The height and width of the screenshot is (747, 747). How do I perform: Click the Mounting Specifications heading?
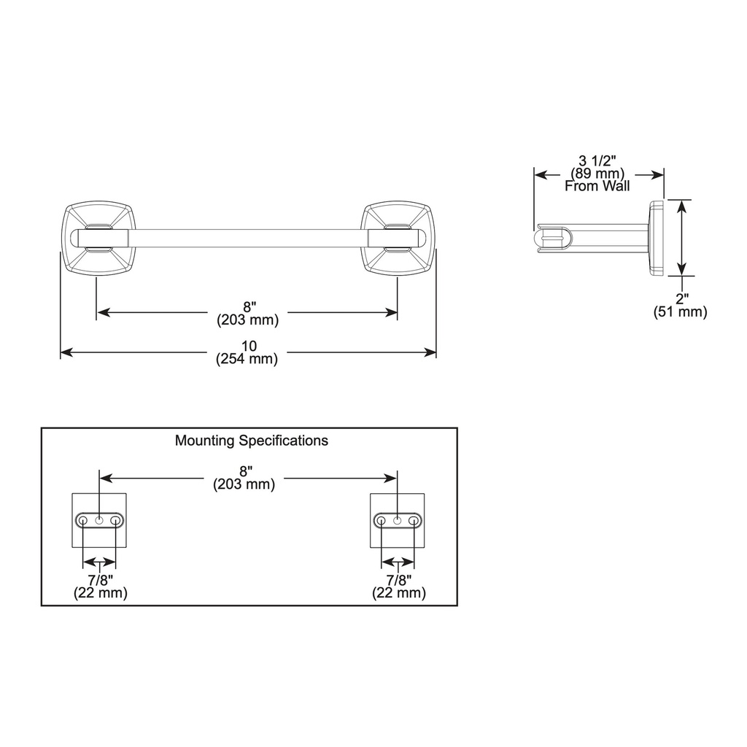[x=252, y=441]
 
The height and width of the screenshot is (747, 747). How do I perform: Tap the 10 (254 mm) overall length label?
[x=247, y=352]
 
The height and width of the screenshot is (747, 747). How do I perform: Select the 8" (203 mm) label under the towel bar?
[x=248, y=314]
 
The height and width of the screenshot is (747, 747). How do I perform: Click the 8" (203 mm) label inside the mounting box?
[x=244, y=479]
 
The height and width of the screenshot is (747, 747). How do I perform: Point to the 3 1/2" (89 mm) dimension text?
[x=597, y=167]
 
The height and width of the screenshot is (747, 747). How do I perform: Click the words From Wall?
[x=597, y=186]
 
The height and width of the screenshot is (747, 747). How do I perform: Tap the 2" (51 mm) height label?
[x=681, y=306]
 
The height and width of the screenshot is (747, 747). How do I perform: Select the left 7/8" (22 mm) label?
[x=101, y=587]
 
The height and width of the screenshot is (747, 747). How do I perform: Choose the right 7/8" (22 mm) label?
[x=399, y=587]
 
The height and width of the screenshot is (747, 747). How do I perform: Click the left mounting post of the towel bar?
[x=99, y=239]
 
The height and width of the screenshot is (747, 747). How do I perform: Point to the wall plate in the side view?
[x=656, y=239]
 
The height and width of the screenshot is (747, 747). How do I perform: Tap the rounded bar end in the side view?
[x=553, y=239]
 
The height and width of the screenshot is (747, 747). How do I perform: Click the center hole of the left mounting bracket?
[x=99, y=520]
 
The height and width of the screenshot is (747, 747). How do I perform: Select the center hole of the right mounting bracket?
[x=398, y=520]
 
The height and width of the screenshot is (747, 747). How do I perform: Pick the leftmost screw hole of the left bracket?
[x=83, y=520]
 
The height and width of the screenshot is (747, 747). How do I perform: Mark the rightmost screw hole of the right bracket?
[x=414, y=520]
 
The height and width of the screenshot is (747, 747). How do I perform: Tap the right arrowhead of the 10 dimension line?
[x=430, y=352]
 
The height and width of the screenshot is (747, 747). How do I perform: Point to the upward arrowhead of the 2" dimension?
[x=683, y=206]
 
